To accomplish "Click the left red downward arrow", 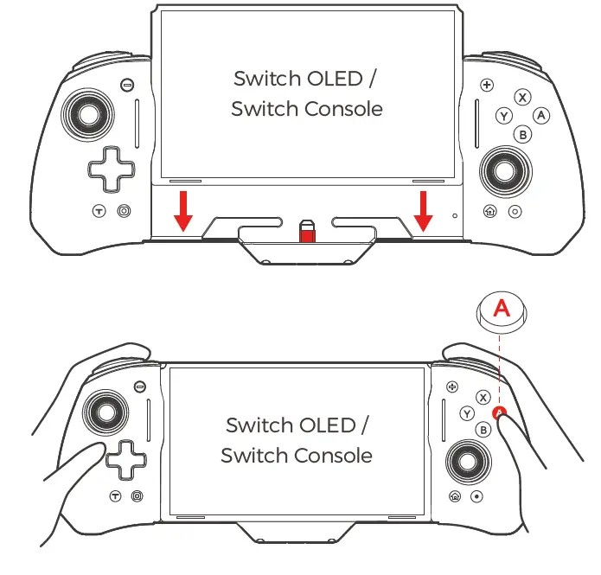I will [x=182, y=212].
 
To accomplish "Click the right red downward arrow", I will [x=423, y=212].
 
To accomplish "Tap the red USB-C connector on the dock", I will [x=306, y=233].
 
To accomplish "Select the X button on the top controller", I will [x=522, y=98].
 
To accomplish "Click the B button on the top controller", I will [x=522, y=134].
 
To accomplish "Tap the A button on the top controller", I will [x=541, y=115].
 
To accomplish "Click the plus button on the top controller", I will [x=487, y=85].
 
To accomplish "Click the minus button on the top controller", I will [x=127, y=85].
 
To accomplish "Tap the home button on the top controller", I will [x=490, y=211].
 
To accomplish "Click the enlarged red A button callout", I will [x=502, y=309].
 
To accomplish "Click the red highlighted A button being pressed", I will [x=499, y=413].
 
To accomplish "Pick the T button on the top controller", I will [x=99, y=211].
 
